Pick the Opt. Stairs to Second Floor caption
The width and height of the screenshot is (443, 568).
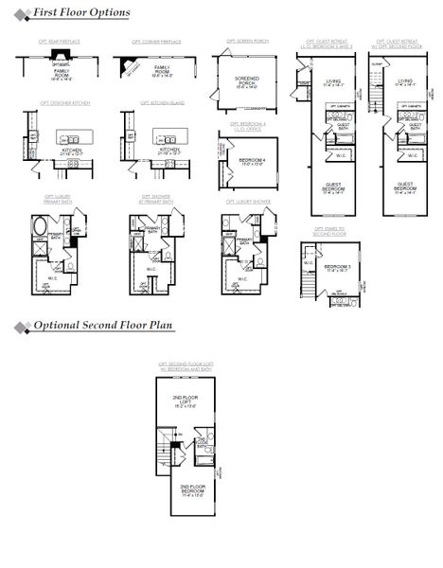(331, 230)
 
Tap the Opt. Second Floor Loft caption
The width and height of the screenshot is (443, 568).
(186, 364)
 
